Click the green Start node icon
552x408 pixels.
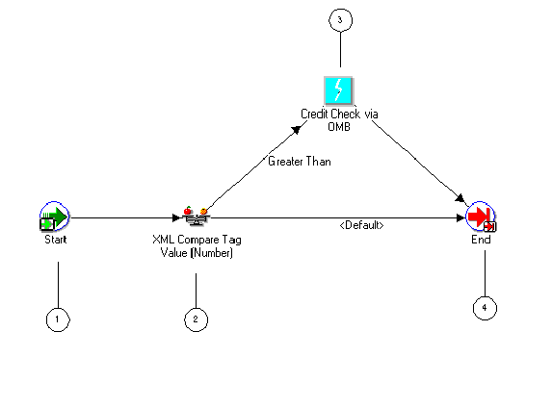pyautogui.click(x=54, y=217)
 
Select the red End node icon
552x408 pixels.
pyautogui.click(x=480, y=218)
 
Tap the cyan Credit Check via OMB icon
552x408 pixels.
pyautogui.click(x=338, y=90)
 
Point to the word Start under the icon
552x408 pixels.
pyautogui.click(x=55, y=240)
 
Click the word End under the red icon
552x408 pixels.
pyautogui.click(x=481, y=241)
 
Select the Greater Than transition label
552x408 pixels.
pyautogui.click(x=300, y=162)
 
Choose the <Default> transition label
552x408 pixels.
pyautogui.click(x=361, y=225)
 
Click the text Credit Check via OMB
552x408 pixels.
pyautogui.click(x=339, y=119)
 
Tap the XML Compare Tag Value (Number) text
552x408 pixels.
pyautogui.click(x=197, y=246)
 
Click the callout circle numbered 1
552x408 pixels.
pyautogui.click(x=58, y=320)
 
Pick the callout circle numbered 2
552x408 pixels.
pyautogui.click(x=196, y=320)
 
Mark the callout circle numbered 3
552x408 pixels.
pyautogui.click(x=338, y=18)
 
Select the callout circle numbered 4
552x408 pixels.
pyautogui.click(x=485, y=308)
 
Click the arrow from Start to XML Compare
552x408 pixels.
pyautogui.click(x=125, y=217)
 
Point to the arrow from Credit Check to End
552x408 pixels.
pyautogui.click(x=414, y=159)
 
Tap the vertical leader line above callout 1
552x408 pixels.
pyautogui.click(x=58, y=284)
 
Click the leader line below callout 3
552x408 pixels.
pyautogui.click(x=338, y=53)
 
